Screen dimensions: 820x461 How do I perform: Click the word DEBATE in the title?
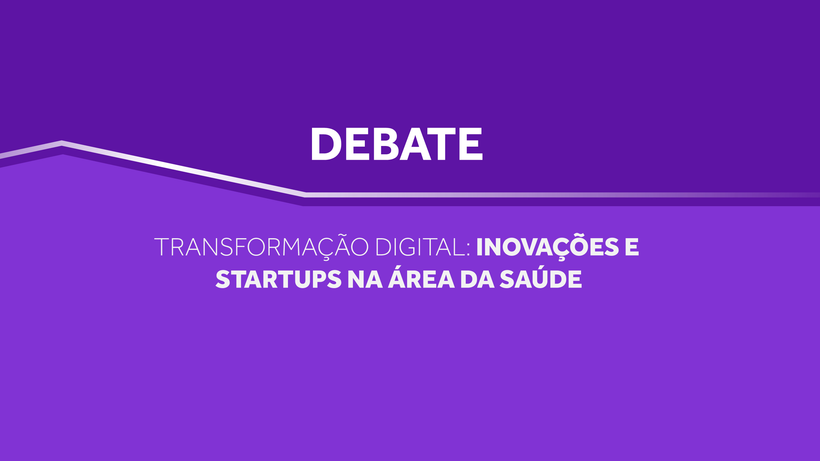click(x=397, y=144)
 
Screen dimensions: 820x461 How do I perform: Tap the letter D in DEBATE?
click(x=326, y=144)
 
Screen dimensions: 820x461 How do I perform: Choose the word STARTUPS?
click(x=279, y=279)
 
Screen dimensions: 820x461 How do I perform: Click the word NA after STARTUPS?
click(x=365, y=279)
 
